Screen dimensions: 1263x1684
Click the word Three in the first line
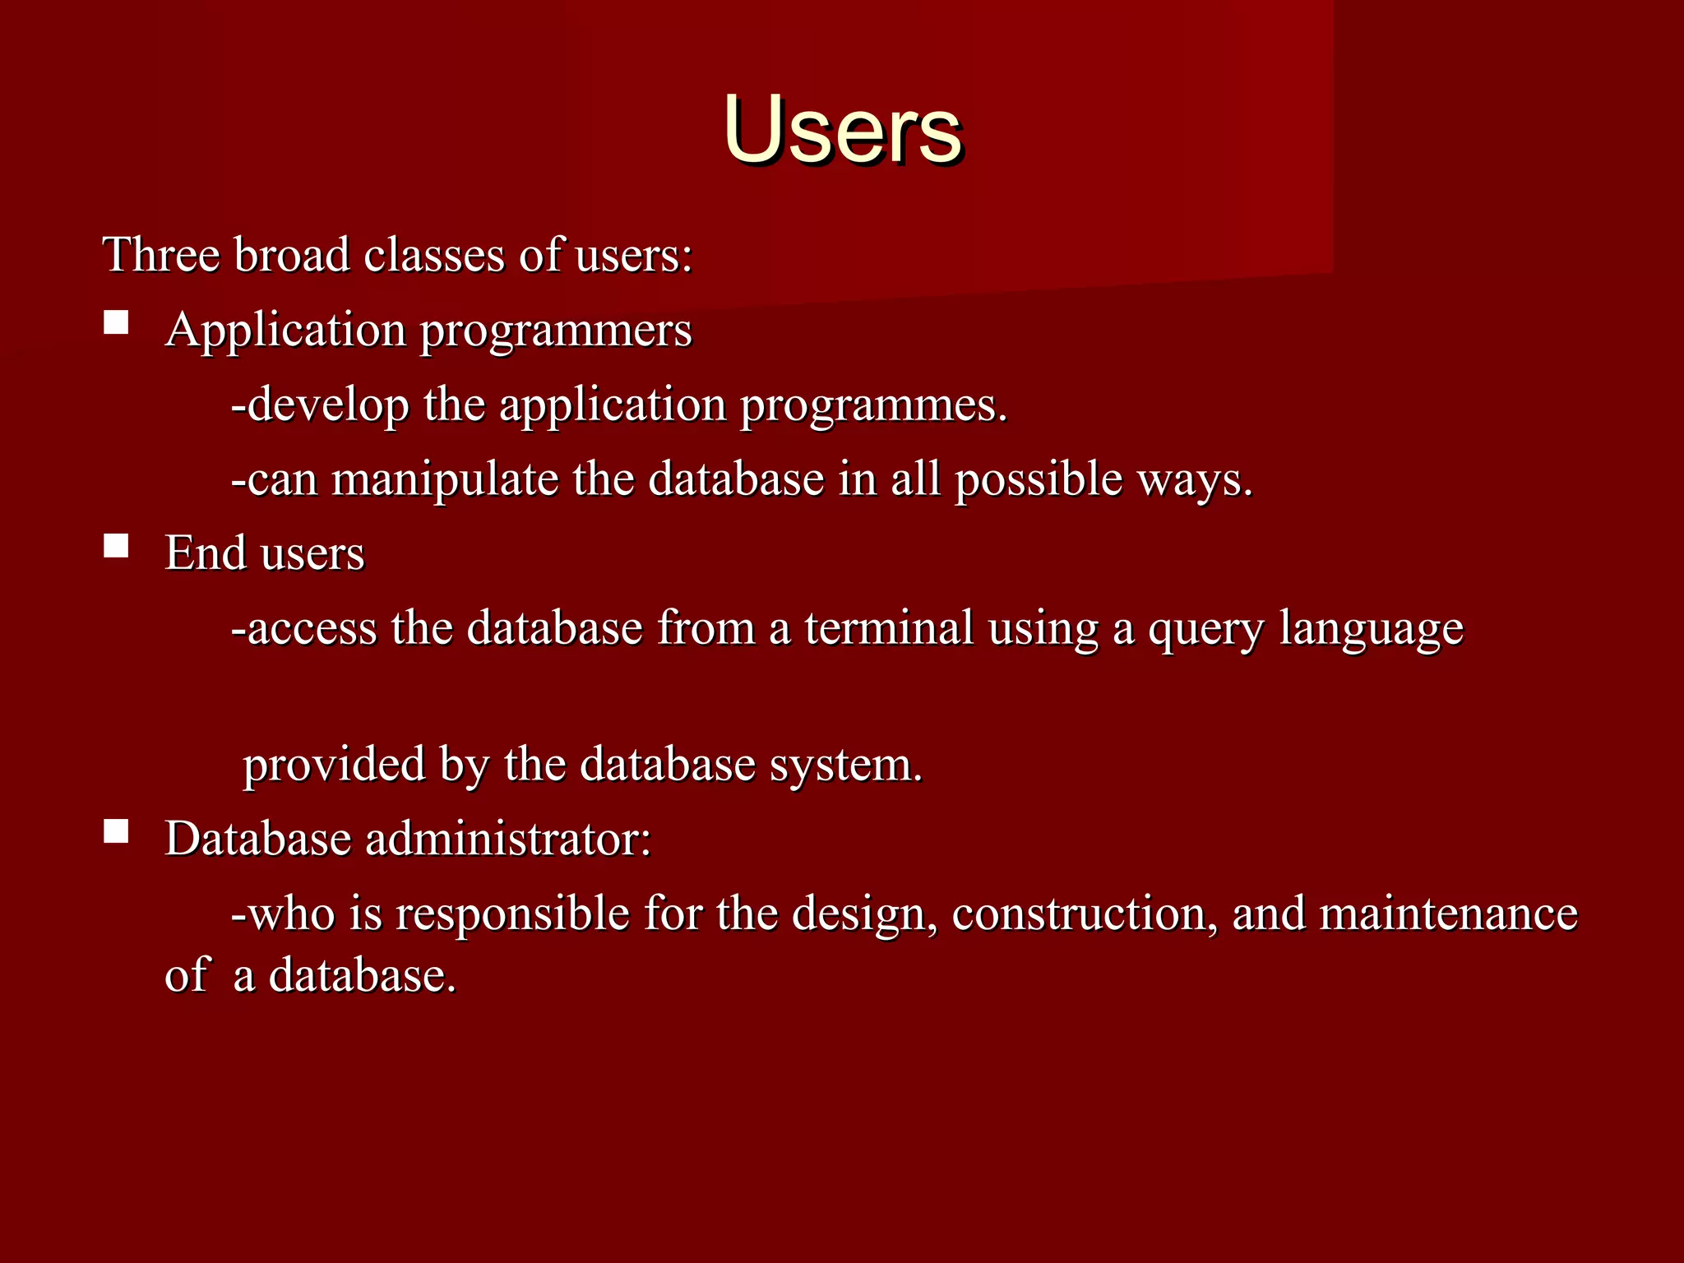[x=161, y=255]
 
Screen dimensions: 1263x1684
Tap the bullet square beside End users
[x=116, y=546]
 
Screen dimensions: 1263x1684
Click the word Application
[x=285, y=331]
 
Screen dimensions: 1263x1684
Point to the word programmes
[x=873, y=406]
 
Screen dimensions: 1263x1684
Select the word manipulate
[x=445, y=481]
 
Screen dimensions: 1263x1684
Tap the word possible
[x=1038, y=481]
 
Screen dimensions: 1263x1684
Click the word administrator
[x=507, y=840]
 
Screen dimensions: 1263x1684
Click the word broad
[x=292, y=255]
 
